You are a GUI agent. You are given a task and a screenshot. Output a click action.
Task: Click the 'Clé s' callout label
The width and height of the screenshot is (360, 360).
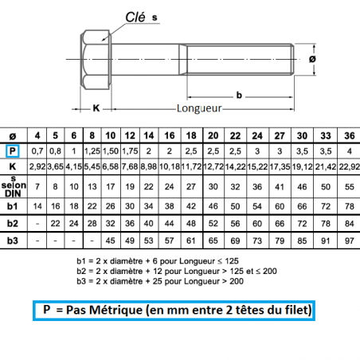(141, 18)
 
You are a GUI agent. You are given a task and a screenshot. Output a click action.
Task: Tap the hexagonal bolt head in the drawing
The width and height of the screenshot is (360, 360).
(96, 60)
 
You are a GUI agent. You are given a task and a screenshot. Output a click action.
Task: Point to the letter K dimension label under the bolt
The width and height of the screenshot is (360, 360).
(96, 108)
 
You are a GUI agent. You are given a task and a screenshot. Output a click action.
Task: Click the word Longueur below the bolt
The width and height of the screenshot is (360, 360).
(199, 108)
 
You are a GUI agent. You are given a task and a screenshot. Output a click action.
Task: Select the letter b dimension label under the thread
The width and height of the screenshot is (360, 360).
(239, 95)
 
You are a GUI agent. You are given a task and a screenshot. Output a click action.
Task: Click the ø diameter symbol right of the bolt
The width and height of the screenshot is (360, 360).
(312, 59)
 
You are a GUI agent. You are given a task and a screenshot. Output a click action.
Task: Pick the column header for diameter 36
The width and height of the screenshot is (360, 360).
(350, 135)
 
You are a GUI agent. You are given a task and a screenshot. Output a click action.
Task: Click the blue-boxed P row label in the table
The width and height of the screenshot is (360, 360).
(13, 151)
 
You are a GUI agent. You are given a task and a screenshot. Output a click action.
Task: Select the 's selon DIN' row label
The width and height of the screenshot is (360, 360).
(14, 186)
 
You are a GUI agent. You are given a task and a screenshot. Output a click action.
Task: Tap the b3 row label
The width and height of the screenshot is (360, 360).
(13, 241)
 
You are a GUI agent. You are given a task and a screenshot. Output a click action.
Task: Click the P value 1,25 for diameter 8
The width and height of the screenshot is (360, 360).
(92, 151)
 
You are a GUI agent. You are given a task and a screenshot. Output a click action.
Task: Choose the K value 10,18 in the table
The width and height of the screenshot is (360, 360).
(170, 166)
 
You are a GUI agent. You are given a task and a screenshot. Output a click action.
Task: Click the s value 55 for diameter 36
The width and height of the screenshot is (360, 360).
(350, 186)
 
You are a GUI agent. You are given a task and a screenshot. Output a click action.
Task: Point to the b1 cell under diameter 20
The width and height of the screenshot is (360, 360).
(213, 206)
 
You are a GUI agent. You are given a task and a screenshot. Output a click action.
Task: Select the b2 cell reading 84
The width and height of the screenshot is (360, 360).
(350, 224)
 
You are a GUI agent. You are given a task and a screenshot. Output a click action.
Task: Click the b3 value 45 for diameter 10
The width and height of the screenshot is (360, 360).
(111, 241)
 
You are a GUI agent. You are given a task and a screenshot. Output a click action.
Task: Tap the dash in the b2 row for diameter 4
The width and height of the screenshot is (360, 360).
(37, 224)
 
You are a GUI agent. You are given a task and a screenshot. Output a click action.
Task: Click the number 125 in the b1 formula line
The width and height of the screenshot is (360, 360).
(232, 261)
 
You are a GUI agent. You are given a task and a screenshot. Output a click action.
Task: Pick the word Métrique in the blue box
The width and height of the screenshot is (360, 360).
(115, 310)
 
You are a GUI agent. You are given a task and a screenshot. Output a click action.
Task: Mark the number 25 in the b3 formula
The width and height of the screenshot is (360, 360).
(155, 281)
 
